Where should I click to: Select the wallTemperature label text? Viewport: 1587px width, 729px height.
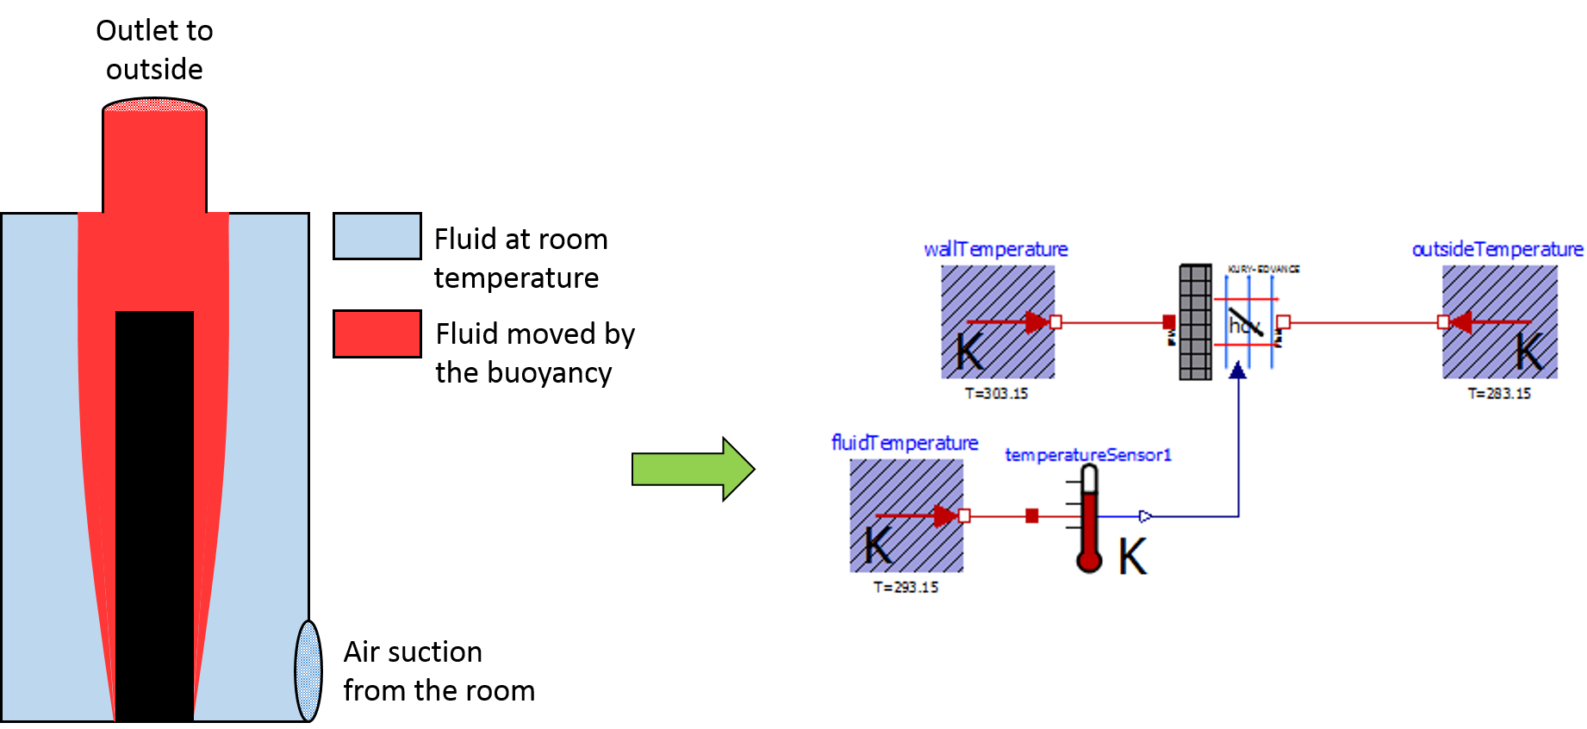tap(995, 249)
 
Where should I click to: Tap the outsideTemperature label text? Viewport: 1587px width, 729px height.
tap(1497, 249)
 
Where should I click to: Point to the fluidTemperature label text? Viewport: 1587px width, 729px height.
tap(905, 443)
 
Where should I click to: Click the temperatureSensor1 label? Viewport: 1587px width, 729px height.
tap(1088, 455)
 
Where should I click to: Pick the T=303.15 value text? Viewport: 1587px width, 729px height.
tap(996, 394)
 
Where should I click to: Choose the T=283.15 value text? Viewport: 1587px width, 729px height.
tap(1499, 394)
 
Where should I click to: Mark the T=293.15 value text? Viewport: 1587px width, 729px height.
tap(906, 587)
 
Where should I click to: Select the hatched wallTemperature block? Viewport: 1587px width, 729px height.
tap(997, 321)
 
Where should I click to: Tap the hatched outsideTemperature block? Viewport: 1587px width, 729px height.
tap(1500, 321)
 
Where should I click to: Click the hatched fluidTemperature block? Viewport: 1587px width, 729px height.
tap(906, 515)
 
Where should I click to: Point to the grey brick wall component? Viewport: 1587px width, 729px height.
tap(1195, 321)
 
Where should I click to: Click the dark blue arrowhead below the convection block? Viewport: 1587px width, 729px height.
tap(1238, 371)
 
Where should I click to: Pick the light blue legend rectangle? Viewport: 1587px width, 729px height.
tap(377, 236)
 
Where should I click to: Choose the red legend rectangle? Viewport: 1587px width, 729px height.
tap(377, 333)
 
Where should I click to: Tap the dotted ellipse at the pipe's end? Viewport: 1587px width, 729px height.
tap(308, 670)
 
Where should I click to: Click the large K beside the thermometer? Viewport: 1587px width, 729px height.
tap(1133, 557)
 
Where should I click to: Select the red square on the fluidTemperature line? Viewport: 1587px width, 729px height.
tap(1032, 516)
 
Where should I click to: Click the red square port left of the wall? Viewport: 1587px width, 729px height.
tap(1169, 322)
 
